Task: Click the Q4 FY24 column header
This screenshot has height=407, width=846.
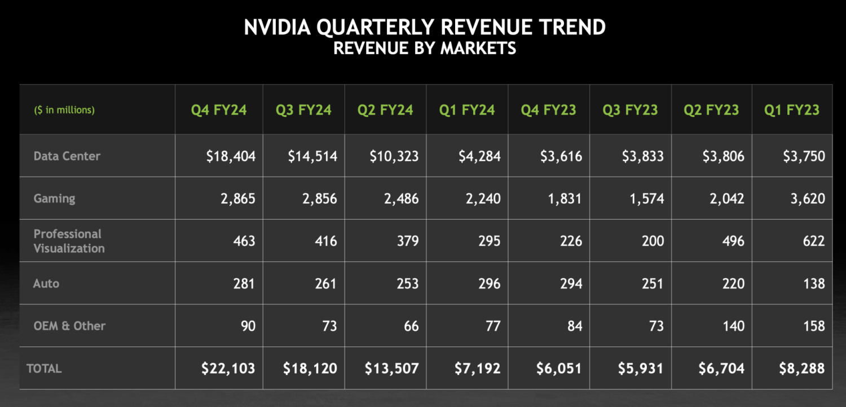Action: pos(219,110)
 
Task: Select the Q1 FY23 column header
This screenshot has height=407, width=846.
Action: pos(792,110)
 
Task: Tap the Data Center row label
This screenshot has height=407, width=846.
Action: pos(67,156)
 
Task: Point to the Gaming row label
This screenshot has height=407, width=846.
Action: pos(54,198)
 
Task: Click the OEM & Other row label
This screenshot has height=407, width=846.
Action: pos(69,326)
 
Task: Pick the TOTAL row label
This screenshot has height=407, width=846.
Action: pos(44,369)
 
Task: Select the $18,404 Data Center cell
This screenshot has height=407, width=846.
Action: pos(231,156)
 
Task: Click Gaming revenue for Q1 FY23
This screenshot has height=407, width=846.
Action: pos(808,199)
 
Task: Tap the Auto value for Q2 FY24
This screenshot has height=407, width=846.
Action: pos(408,283)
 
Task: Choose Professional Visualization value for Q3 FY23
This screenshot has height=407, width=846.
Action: pos(653,240)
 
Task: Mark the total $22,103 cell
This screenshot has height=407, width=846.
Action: pos(228,369)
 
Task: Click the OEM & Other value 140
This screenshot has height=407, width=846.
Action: pos(733,326)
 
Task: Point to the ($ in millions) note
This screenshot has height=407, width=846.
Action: pos(64,110)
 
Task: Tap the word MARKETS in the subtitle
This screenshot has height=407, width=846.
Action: pos(478,49)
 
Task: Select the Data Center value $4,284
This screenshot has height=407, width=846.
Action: pos(479,156)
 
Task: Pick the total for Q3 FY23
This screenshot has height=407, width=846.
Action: pos(641,369)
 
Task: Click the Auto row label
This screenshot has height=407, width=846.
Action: pos(46,283)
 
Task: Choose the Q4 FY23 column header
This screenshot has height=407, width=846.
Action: pos(548,110)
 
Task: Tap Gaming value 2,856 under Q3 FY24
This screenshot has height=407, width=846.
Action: pos(320,199)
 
